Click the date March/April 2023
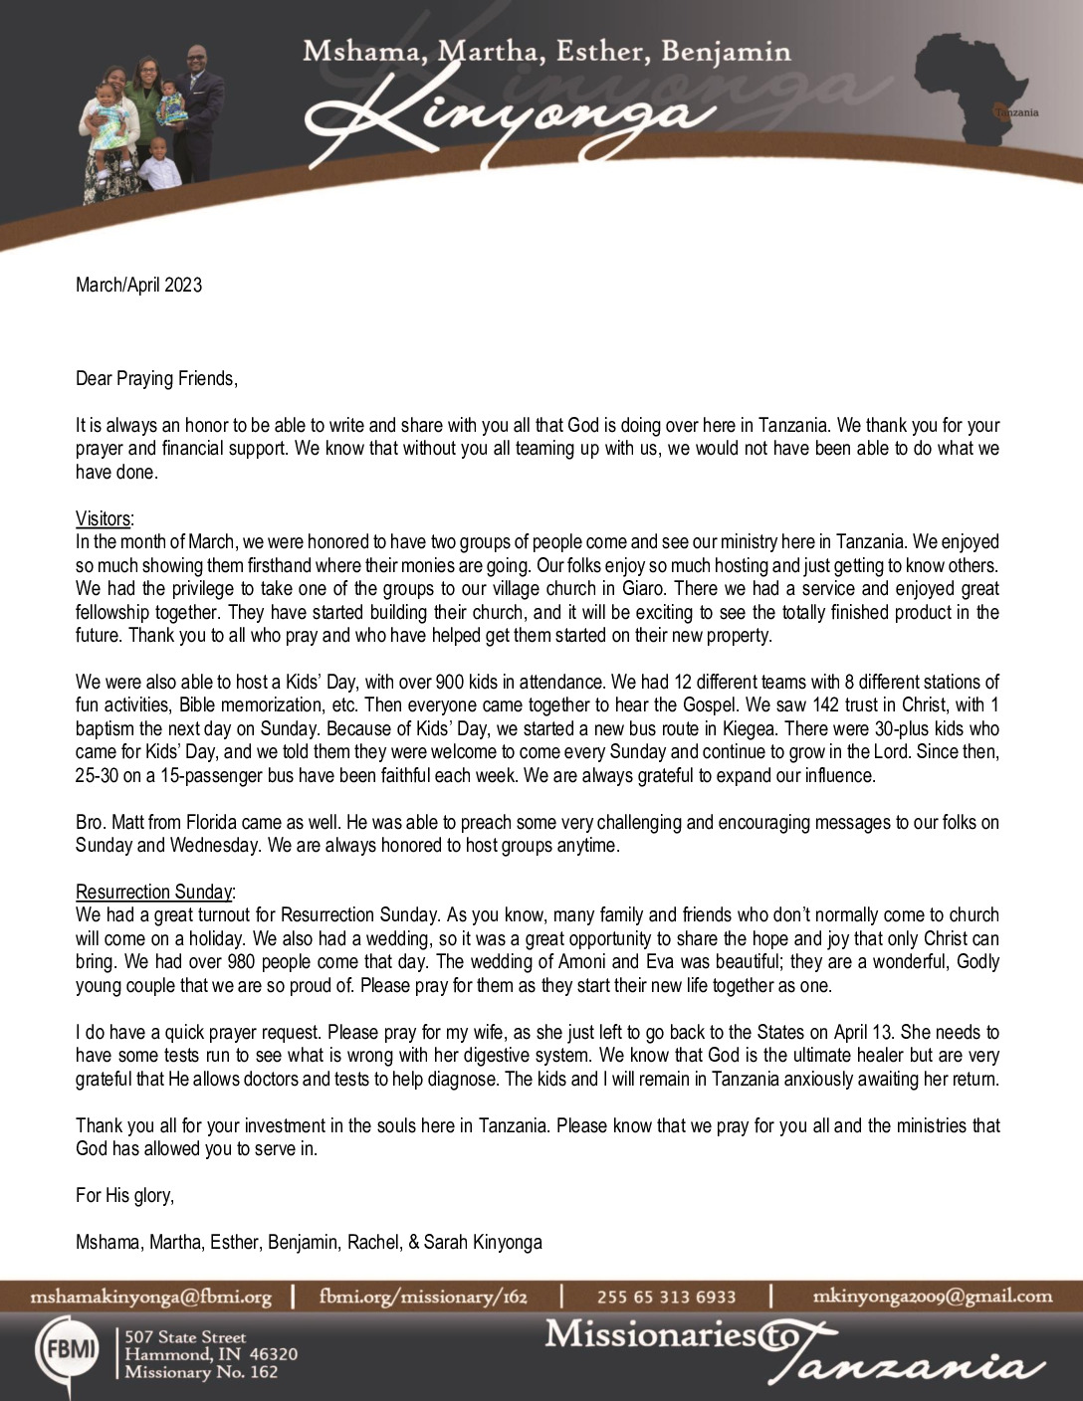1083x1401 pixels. [138, 286]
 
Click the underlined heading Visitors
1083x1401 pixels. [103, 518]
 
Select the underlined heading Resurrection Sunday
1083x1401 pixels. [154, 892]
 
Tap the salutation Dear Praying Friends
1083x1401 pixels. [156, 378]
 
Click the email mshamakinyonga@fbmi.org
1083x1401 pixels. [151, 1297]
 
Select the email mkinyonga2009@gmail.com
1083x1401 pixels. [932, 1296]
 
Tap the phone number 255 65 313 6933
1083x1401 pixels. [666, 1297]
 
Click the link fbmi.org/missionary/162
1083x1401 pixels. [423, 1297]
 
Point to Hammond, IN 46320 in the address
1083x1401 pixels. [210, 1355]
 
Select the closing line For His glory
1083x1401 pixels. [124, 1195]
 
